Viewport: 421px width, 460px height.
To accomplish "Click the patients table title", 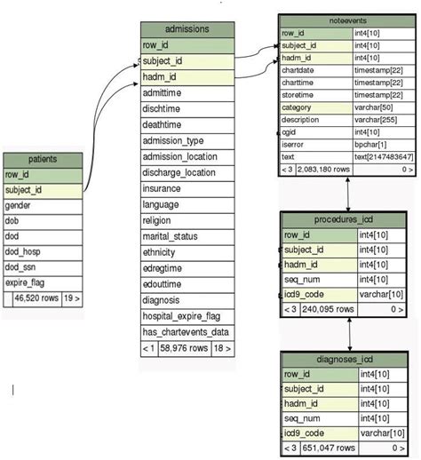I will (42, 160).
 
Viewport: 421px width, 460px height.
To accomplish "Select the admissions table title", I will (187, 28).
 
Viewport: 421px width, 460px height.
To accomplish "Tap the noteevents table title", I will (346, 20).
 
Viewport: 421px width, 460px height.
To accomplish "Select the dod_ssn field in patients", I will (24, 266).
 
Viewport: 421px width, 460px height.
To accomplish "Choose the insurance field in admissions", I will (166, 189).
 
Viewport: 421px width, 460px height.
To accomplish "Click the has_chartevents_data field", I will (186, 332).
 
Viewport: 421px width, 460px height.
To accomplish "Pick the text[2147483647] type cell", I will (384, 155).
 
